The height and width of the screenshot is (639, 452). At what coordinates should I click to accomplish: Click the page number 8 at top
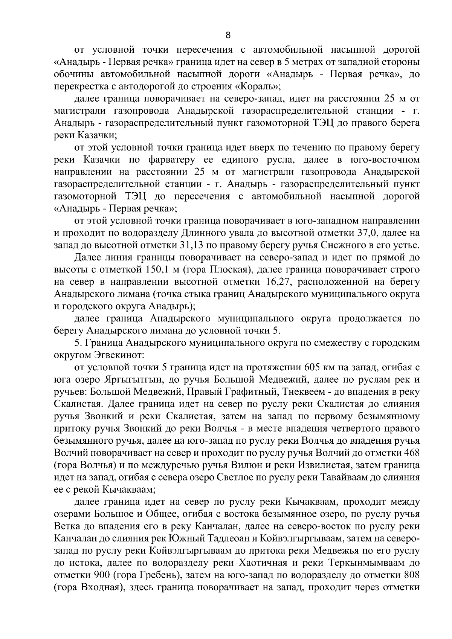228,35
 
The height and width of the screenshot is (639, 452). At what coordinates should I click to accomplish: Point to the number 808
411,575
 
